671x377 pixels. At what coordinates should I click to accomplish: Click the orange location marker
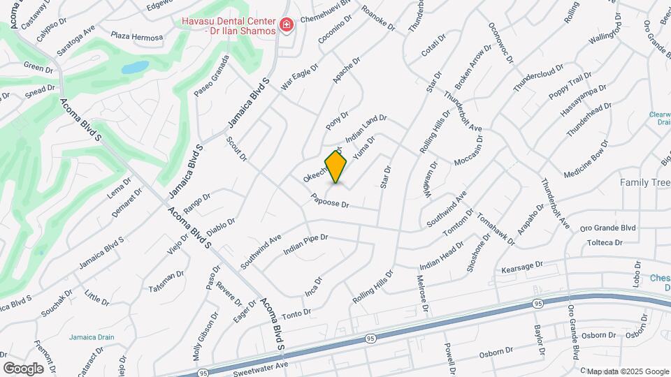(x=336, y=166)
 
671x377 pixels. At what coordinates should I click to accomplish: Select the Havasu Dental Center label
(x=228, y=27)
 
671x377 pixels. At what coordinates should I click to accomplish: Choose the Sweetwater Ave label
(x=263, y=365)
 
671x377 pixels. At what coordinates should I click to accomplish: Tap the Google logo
(x=23, y=368)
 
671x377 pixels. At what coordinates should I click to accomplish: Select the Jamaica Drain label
(x=91, y=337)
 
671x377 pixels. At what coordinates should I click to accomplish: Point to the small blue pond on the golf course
(x=136, y=68)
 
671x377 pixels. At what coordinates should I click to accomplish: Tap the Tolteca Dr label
(x=605, y=242)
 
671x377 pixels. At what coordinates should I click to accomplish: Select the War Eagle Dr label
(x=299, y=77)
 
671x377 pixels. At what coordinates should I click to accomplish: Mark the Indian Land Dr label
(x=366, y=126)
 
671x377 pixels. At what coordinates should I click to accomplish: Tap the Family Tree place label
(x=645, y=182)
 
